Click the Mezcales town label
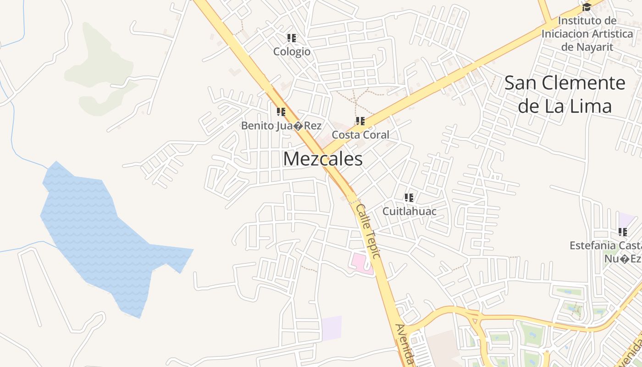[323, 159]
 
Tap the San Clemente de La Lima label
[565, 95]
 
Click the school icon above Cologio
[292, 38]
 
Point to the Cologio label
[292, 52]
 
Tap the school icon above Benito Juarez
[281, 112]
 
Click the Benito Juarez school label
[281, 126]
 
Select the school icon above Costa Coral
[360, 121]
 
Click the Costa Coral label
[360, 135]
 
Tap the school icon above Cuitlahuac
[409, 198]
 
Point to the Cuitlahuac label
[409, 211]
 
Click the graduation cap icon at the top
[587, 7]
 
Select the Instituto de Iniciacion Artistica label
[587, 34]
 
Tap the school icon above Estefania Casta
[623, 232]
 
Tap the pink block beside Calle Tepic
[360, 262]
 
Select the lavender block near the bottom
[332, 328]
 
